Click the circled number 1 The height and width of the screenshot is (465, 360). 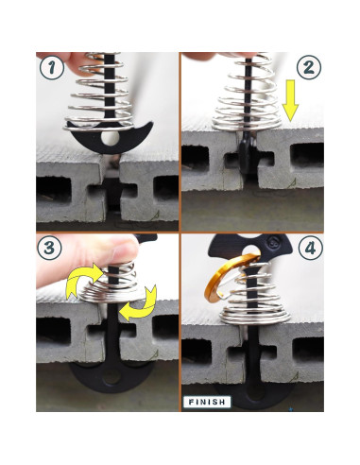click(52, 67)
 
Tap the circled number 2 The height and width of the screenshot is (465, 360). click(309, 67)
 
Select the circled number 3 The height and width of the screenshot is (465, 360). click(50, 248)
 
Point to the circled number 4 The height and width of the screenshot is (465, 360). click(311, 249)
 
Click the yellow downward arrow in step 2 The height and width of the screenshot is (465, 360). click(290, 101)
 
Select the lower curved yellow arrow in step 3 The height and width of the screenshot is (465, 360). click(140, 303)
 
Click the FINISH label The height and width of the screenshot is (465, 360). click(207, 402)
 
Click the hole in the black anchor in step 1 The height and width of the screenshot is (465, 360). click(111, 138)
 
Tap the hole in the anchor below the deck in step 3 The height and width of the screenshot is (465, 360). click(111, 377)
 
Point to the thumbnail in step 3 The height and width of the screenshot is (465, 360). click(126, 250)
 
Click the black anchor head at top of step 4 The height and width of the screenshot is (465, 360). click(250, 249)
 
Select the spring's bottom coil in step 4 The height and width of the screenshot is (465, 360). click(255, 319)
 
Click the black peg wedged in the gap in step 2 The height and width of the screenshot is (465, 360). click(248, 155)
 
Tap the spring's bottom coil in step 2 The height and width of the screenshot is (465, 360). click(247, 125)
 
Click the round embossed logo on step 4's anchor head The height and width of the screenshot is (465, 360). click(272, 243)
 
